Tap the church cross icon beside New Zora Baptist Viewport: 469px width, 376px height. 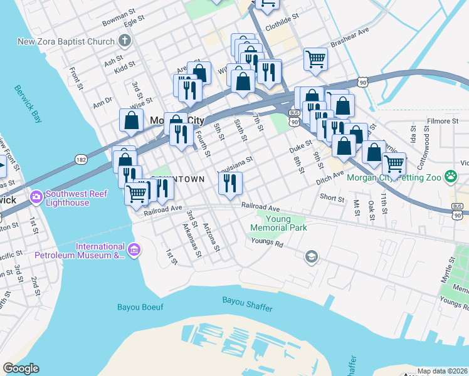pyautogui.click(x=124, y=41)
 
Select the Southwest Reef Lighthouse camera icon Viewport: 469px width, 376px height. pyautogui.click(x=35, y=197)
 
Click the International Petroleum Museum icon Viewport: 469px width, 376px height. pyautogui.click(x=133, y=250)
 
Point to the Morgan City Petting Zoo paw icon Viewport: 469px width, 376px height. pyautogui.click(x=450, y=177)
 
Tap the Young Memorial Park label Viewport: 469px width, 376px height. pyautogui.click(x=287, y=223)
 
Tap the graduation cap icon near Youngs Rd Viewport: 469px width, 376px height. pyautogui.click(x=311, y=256)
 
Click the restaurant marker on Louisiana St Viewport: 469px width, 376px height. pyautogui.click(x=230, y=182)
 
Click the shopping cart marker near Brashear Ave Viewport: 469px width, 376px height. pyautogui.click(x=316, y=60)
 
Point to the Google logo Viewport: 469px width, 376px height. pyautogui.click(x=21, y=368)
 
